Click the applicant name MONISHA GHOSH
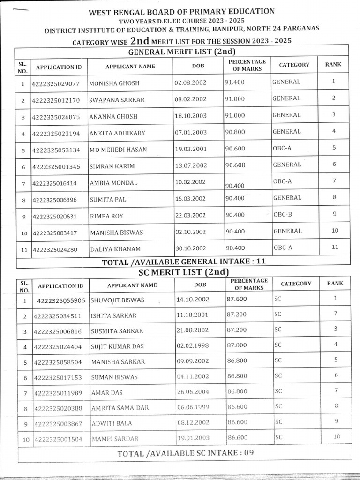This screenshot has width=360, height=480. (114, 83)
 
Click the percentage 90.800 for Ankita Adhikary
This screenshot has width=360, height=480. (235, 132)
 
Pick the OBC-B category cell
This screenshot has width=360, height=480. (283, 214)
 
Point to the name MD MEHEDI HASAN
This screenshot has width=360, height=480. (118, 150)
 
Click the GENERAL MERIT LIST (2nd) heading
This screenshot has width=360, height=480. (181, 52)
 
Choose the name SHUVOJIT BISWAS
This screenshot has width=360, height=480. (117, 300)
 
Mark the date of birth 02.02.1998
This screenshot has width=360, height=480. (193, 345)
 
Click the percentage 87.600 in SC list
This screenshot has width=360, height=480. (238, 299)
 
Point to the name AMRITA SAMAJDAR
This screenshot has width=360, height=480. (120, 408)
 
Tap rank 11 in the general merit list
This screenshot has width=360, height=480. (334, 247)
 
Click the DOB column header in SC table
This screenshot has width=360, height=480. (200, 285)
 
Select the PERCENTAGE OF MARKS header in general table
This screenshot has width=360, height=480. (247, 65)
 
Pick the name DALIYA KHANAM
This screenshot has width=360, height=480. (115, 249)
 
